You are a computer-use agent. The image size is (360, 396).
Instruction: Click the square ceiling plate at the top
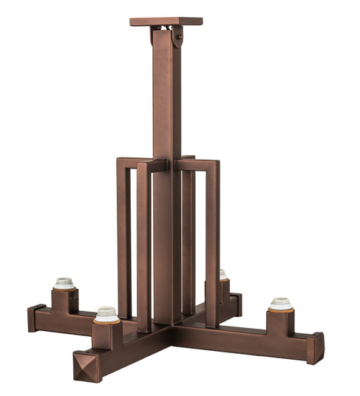[x=166, y=21]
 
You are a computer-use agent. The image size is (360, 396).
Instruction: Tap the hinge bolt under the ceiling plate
[x=177, y=30]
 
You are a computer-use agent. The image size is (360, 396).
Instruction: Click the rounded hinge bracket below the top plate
[x=177, y=36]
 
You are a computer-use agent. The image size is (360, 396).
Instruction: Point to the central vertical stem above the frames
[x=166, y=96]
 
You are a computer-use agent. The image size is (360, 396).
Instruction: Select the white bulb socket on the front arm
[x=106, y=313]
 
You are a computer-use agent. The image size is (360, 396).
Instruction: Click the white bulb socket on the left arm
[x=64, y=282]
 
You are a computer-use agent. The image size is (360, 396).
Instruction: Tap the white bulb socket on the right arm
[x=281, y=303]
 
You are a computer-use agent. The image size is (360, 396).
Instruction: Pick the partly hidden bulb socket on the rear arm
[x=223, y=274]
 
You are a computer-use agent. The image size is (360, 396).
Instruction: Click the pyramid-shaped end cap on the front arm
[x=86, y=366]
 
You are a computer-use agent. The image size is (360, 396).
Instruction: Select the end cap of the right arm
[x=316, y=348]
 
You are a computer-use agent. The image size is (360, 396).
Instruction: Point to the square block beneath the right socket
[x=281, y=324]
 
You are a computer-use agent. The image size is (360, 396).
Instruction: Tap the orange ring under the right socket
[x=281, y=310]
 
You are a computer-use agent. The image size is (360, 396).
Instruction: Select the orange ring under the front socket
[x=106, y=321]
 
